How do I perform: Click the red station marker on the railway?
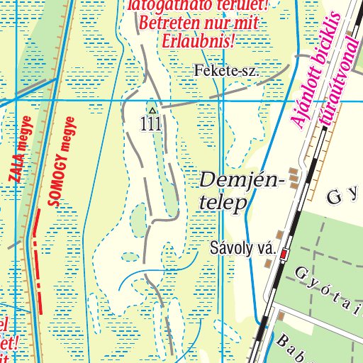pos(284,253)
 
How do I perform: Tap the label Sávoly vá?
pos(242,250)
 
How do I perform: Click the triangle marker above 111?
pos(151,111)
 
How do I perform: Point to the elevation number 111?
pos(151,124)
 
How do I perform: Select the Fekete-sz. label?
pos(226,72)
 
